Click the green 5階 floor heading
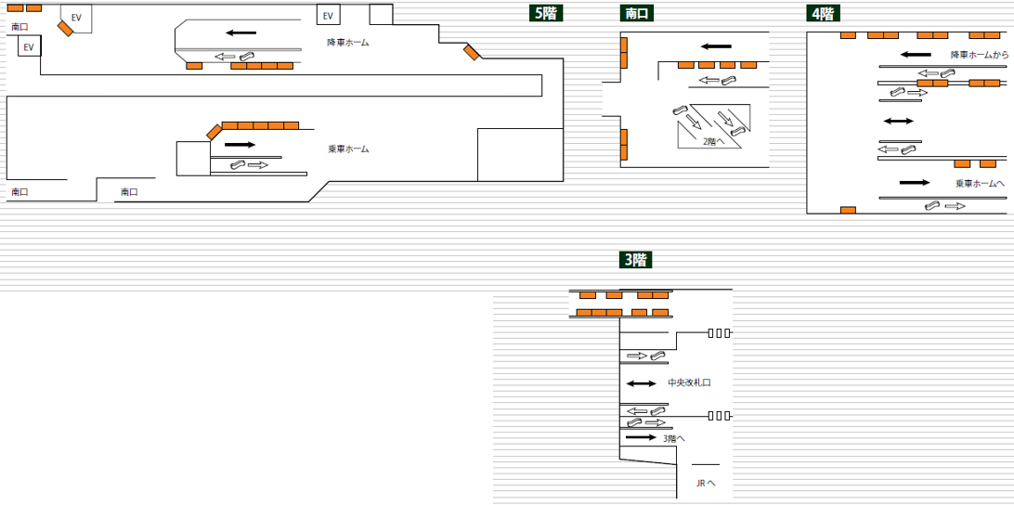tap(546, 13)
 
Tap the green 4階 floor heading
tap(822, 13)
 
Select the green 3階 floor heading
tap(634, 260)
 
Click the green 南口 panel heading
tap(637, 13)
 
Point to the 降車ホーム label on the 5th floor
tap(348, 43)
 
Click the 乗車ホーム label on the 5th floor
tap(348, 149)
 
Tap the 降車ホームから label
tap(980, 55)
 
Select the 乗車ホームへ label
tap(980, 184)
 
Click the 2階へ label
tap(713, 141)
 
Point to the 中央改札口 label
tap(689, 382)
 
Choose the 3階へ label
tap(675, 438)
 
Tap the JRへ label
tap(706, 484)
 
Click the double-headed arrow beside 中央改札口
tap(640, 382)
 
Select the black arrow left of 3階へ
tap(640, 437)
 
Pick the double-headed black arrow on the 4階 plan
tap(898, 122)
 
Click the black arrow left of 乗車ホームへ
tap(914, 183)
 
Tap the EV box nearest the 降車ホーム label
tap(327, 16)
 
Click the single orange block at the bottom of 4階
tap(848, 210)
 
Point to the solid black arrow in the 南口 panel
tap(716, 46)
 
